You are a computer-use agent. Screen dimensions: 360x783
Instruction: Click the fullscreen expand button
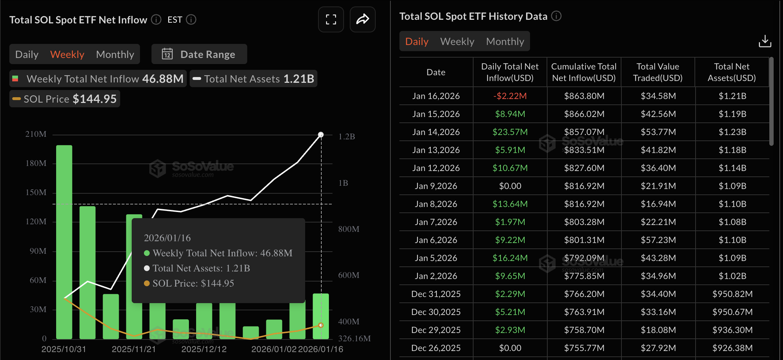click(x=331, y=19)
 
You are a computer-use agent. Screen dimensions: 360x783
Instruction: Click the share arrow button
click(x=362, y=19)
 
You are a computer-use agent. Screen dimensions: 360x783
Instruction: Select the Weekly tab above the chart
click(x=67, y=54)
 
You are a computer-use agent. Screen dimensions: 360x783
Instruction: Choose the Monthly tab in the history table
click(x=505, y=41)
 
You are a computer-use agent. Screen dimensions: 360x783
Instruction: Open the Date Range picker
click(x=199, y=54)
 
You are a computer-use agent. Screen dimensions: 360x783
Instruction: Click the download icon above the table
click(x=765, y=41)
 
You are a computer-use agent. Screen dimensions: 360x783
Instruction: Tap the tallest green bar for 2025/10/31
click(x=64, y=241)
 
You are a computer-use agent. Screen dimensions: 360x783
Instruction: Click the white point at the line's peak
click(x=321, y=135)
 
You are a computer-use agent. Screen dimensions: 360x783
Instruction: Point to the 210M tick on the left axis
click(x=36, y=134)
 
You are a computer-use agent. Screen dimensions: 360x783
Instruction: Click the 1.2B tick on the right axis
click(x=347, y=136)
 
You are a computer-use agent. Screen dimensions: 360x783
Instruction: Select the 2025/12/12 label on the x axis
click(x=204, y=349)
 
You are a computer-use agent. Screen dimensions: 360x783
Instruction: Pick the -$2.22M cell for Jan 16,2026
click(x=510, y=96)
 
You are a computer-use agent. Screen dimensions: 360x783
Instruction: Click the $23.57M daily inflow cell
click(x=510, y=132)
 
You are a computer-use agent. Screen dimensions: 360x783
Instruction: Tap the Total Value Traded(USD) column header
click(x=658, y=72)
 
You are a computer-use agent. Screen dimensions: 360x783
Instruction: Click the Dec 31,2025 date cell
click(x=436, y=294)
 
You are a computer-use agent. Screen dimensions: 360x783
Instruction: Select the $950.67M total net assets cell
click(x=732, y=312)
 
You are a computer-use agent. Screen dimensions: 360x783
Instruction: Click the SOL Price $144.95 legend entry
click(x=65, y=99)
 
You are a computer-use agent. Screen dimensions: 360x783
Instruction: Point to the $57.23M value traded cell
click(x=658, y=240)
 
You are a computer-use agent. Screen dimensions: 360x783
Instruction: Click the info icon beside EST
click(x=191, y=19)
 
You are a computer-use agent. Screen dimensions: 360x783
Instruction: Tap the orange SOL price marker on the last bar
click(x=321, y=325)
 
